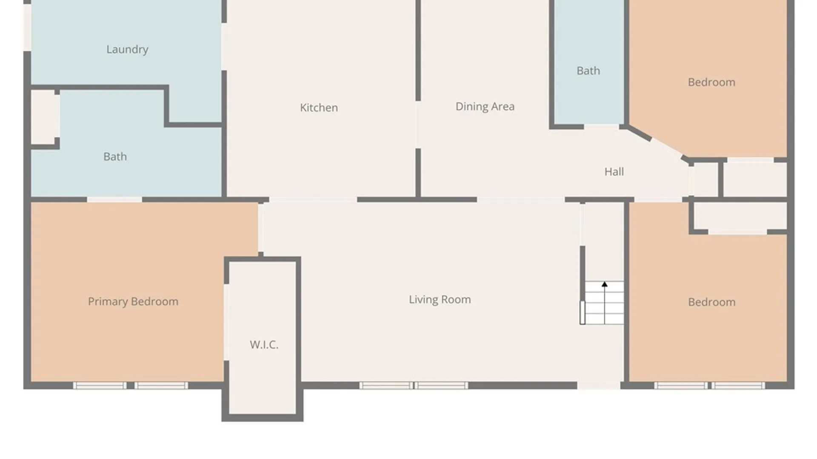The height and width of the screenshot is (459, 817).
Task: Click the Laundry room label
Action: pos(127,49)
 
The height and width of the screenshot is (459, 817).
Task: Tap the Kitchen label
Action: pos(319,108)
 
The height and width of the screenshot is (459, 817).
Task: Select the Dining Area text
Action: pos(485,106)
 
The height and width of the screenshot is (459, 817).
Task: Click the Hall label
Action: pos(614,172)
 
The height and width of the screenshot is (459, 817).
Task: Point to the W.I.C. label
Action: pos(264,344)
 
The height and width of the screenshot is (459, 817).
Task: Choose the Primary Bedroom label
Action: pos(133,301)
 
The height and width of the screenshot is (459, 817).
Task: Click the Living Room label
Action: pos(440,300)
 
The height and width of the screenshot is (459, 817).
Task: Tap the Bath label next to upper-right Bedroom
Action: pos(588,71)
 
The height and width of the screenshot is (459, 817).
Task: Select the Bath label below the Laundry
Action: pos(115,156)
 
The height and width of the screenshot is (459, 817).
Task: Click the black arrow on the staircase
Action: pos(604,284)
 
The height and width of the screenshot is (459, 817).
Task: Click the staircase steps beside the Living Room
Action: pos(604,306)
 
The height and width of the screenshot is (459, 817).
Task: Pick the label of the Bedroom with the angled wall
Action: pos(711,82)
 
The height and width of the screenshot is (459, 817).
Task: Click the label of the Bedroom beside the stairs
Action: pos(711,302)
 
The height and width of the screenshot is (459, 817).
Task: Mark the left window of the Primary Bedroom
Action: pos(100,385)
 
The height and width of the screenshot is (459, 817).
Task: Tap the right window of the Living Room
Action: pos(441,385)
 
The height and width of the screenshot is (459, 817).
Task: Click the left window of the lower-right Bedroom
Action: pos(681,385)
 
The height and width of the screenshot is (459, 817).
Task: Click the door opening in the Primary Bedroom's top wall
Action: pos(114,199)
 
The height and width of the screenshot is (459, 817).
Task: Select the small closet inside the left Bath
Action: pos(44,117)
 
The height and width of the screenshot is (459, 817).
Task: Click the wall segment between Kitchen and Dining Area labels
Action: pos(418,51)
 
